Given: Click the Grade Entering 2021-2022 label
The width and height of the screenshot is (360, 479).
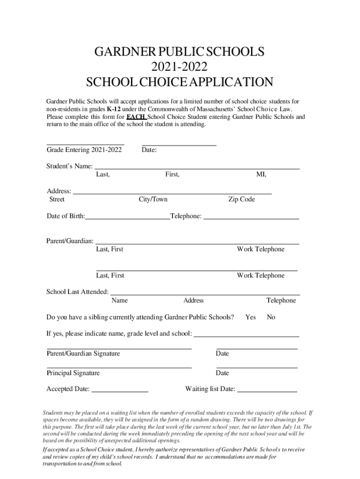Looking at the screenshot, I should (84, 150).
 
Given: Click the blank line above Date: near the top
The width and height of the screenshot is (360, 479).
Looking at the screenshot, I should (179, 145).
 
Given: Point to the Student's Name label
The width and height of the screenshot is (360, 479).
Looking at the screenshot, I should (69, 166).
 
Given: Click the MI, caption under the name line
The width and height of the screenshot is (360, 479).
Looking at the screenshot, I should (261, 174).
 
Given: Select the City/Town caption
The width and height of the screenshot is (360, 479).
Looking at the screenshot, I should (153, 199).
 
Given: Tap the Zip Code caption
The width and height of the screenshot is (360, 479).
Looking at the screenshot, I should (241, 199).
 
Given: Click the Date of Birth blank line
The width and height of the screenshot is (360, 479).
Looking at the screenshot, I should (128, 217).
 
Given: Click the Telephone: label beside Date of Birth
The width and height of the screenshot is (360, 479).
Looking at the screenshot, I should (187, 216).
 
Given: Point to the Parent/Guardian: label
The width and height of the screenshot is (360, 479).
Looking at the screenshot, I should (70, 241).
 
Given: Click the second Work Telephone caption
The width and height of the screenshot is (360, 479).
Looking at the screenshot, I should (260, 276).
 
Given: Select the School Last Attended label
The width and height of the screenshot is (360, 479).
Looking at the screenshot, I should (77, 292).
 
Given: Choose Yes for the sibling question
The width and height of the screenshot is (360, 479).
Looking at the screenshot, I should (250, 317).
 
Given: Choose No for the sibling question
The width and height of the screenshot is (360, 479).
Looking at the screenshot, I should (271, 317).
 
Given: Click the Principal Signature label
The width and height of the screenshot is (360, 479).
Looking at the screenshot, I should (73, 373).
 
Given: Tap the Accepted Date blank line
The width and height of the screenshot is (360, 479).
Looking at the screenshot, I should (120, 390).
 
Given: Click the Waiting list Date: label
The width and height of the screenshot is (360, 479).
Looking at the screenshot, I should (210, 389).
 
